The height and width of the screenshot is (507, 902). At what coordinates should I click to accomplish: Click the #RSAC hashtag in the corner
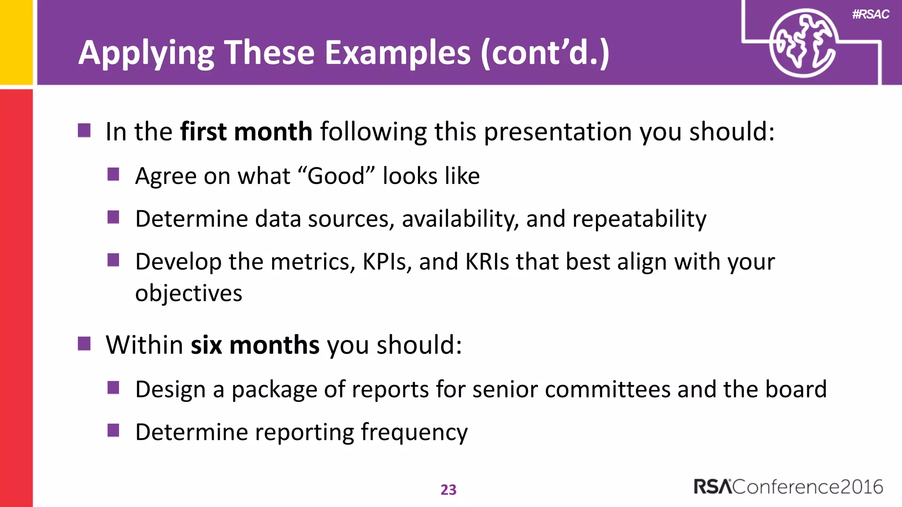click(870, 15)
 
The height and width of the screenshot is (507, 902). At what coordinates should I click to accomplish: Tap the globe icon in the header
click(802, 43)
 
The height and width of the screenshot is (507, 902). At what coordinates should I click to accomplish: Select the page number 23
click(448, 489)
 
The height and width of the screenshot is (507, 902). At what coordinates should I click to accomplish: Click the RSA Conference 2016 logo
click(788, 487)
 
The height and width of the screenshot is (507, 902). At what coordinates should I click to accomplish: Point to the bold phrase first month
click(246, 132)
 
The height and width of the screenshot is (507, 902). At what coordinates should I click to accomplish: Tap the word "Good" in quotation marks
click(336, 176)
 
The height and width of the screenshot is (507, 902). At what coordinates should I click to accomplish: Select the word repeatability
click(639, 219)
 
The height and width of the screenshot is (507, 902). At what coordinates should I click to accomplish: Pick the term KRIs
click(487, 262)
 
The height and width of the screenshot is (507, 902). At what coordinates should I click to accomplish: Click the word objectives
click(189, 294)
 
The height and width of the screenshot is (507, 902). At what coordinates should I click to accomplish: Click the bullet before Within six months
click(84, 343)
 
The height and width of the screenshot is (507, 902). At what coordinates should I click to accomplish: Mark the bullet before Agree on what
click(113, 174)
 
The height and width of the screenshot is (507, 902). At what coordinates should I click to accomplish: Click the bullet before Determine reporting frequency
click(113, 430)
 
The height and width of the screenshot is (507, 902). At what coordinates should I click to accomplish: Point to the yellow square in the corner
click(16, 41)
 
